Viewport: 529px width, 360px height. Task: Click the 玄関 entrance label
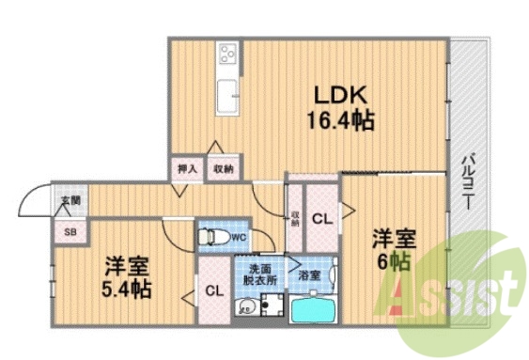71,200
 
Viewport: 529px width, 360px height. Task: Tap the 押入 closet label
188,169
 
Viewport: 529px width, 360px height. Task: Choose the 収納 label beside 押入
223,169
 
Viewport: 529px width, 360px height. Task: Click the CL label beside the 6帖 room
321,220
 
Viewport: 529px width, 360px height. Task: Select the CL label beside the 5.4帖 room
215,290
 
